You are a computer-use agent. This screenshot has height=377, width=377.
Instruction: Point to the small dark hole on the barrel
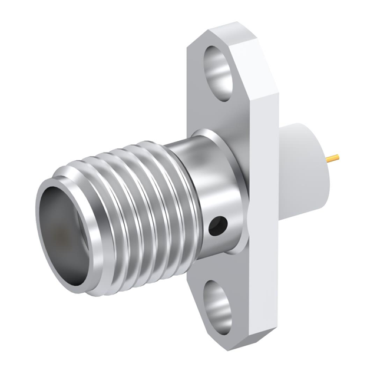pyautogui.click(x=217, y=224)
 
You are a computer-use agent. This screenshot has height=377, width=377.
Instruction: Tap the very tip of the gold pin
pyautogui.click(x=340, y=157)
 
